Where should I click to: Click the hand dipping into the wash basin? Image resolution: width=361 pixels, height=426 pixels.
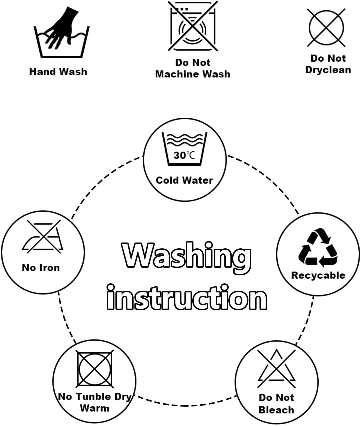coord(62,28)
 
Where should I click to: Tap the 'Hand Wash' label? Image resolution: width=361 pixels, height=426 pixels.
coord(58,72)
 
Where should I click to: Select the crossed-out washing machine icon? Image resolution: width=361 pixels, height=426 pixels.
coord(193,26)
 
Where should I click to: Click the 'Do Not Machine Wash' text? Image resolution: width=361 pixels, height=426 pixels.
coord(193,68)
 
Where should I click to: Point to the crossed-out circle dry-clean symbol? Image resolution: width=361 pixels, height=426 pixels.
coord(326,28)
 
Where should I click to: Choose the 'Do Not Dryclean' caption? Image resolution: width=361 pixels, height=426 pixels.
coord(328,64)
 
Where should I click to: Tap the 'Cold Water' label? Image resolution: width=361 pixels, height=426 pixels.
coord(184,180)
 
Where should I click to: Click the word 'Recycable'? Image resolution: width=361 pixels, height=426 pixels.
coord(318,275)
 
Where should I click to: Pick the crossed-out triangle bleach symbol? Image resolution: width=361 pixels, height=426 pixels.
coord(276,368)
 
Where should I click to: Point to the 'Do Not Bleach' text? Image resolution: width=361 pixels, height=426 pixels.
coord(276,404)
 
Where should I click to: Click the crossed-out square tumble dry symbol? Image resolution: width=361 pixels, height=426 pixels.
coord(95,368)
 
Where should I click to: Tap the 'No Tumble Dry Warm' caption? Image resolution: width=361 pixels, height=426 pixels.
coord(95,403)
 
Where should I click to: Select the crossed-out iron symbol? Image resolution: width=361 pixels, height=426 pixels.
coord(43,237)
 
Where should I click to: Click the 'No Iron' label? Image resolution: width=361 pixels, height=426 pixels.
coord(41,268)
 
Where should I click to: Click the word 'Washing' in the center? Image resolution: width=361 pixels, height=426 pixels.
coord(187,255)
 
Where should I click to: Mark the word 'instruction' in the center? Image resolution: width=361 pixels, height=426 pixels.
coord(187,298)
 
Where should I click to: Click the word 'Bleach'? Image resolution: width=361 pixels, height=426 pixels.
coord(276,410)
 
